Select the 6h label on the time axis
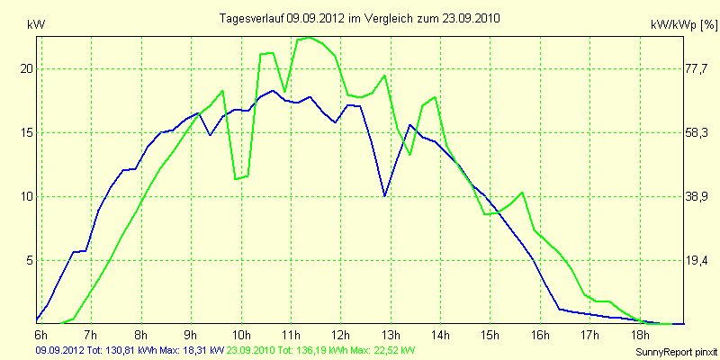pos(40,334)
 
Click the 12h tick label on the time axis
pos(341,334)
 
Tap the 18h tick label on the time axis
pos(640,334)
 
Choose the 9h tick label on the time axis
pos(191,334)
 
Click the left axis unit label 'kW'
pos(36,25)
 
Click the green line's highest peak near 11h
pos(310,38)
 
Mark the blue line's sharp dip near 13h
pos(385,195)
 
